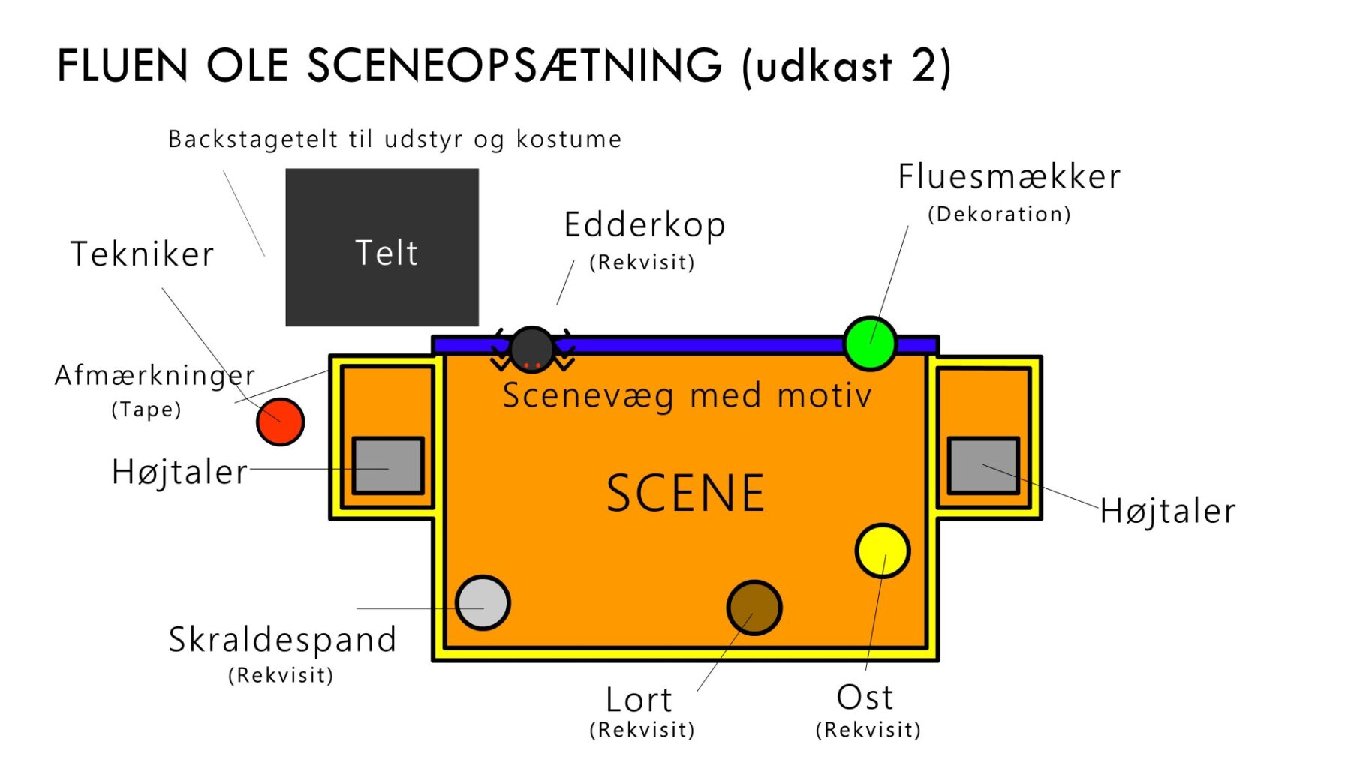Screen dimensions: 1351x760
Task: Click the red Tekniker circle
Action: (x=280, y=422)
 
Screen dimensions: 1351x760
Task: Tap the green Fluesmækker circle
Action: (x=870, y=344)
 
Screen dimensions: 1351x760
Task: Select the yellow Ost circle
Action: (x=883, y=551)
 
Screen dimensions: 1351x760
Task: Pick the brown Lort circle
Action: (x=754, y=608)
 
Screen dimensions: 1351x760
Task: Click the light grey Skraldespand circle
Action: (x=483, y=602)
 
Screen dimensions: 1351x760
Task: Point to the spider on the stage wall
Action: (x=532, y=350)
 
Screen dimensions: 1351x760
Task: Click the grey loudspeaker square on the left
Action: (x=388, y=465)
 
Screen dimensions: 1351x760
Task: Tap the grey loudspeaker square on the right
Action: (x=983, y=465)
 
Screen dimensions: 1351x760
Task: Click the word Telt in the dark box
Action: (x=387, y=253)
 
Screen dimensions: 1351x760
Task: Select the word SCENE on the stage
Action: (x=685, y=493)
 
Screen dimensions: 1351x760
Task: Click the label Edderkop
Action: (x=645, y=225)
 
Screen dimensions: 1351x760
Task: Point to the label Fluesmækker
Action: (x=1009, y=176)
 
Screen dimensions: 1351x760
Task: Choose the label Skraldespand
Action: (x=282, y=640)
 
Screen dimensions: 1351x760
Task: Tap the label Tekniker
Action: (x=143, y=254)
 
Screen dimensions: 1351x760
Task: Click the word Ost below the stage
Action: (x=865, y=698)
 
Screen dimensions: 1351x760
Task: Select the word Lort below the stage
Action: (x=639, y=700)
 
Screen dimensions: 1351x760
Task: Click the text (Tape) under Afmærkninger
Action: (x=146, y=410)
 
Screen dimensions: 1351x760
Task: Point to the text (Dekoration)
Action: (x=999, y=214)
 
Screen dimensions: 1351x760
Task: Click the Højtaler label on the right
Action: (x=1168, y=512)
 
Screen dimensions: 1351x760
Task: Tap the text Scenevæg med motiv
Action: (x=688, y=395)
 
